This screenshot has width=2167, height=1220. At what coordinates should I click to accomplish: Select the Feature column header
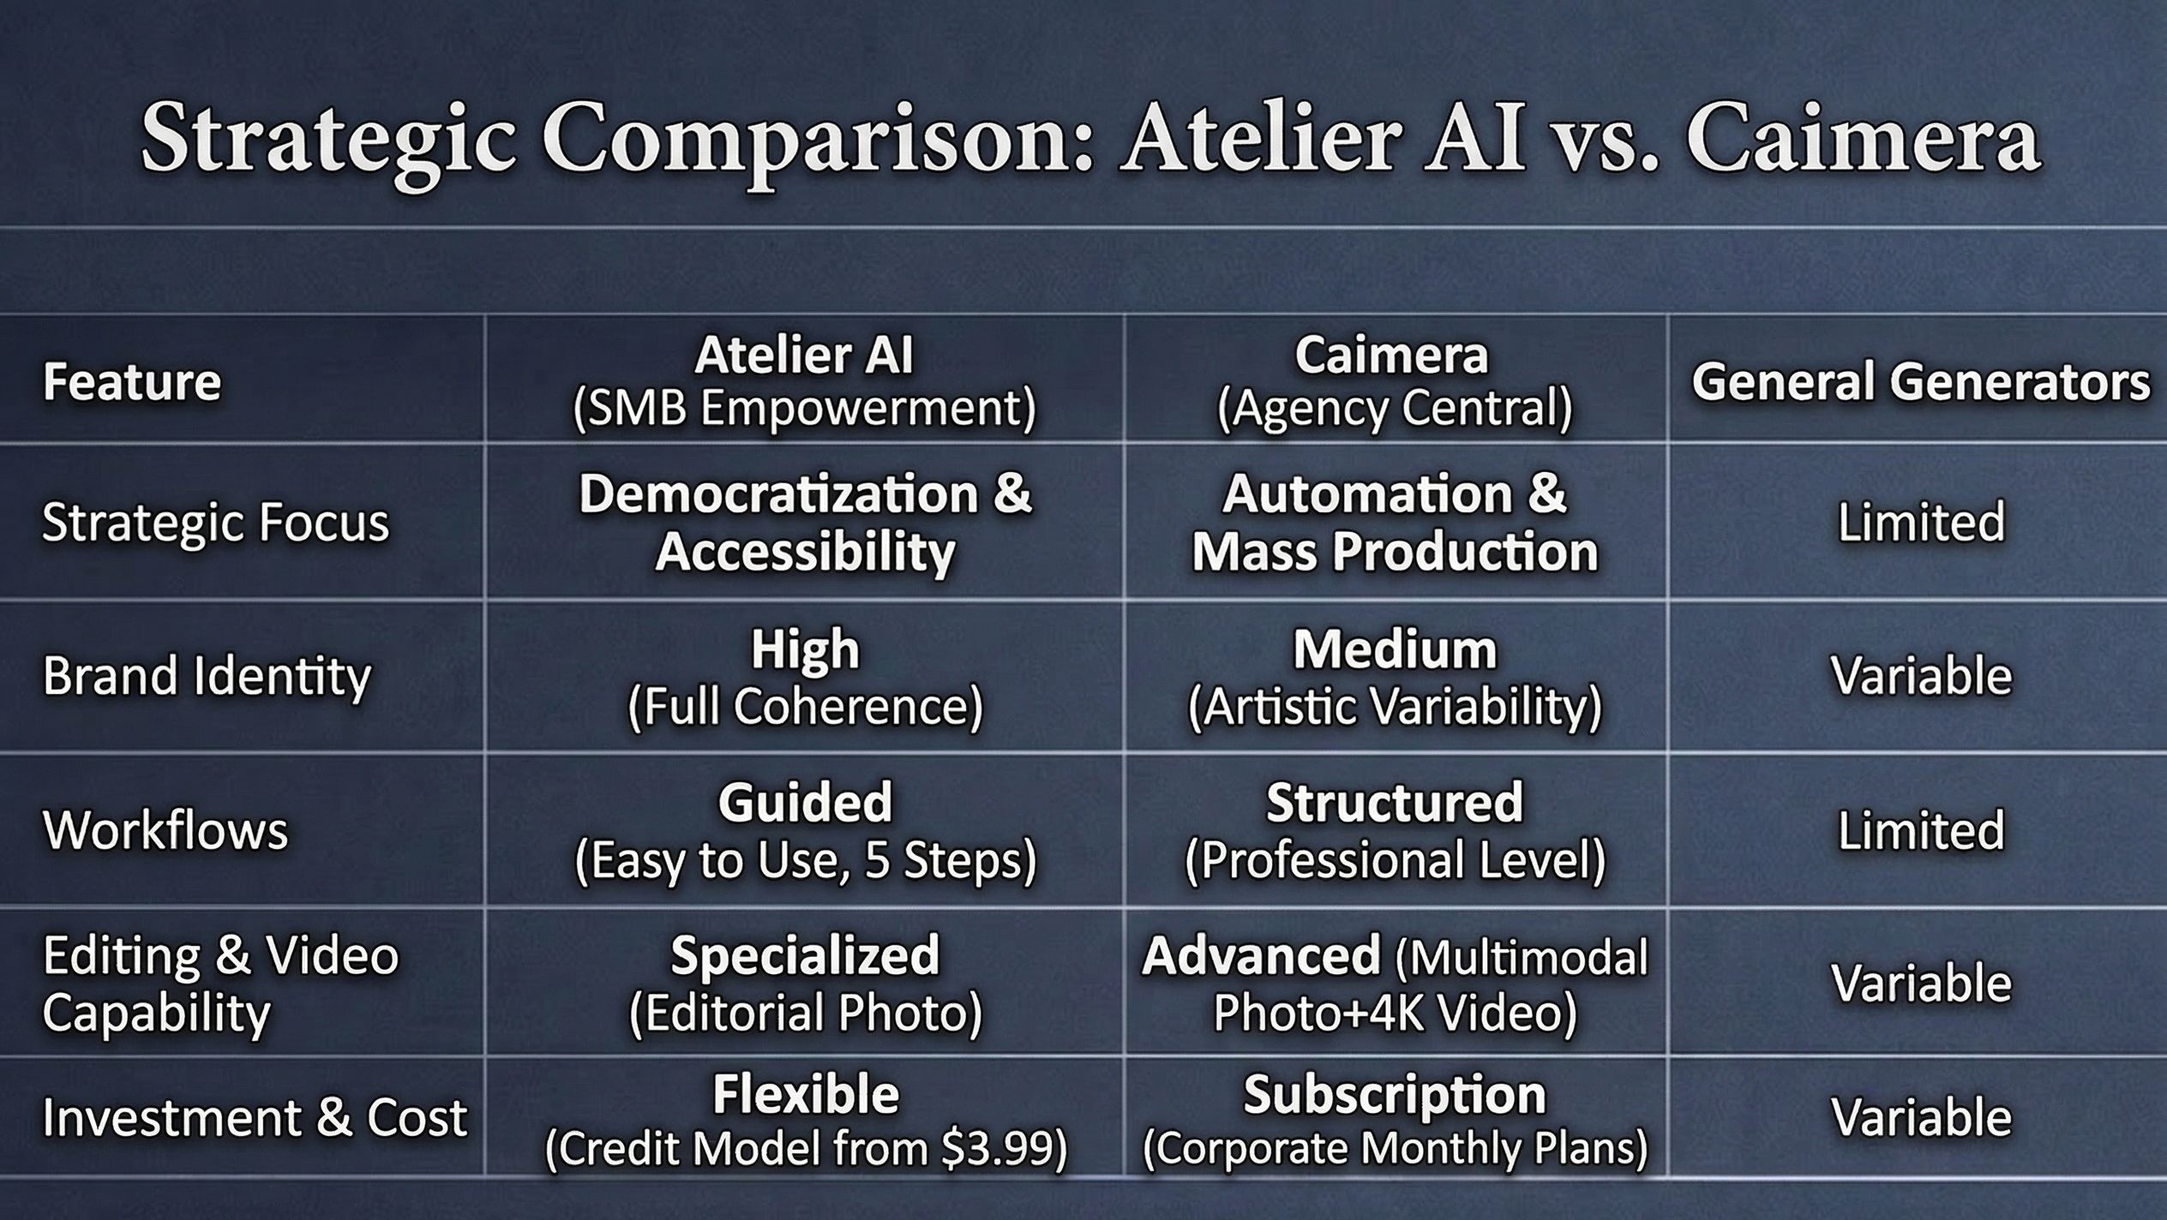[x=132, y=381]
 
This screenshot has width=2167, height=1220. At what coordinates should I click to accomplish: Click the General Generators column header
[x=1920, y=381]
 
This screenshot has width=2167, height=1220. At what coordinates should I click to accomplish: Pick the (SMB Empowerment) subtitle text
[x=804, y=408]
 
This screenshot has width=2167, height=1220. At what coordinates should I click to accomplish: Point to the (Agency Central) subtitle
[x=1395, y=408]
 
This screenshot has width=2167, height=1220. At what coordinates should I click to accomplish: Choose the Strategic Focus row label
[x=215, y=523]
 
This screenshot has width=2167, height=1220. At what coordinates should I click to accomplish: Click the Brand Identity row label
[x=207, y=677]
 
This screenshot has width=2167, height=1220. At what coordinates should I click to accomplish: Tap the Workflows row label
[x=165, y=830]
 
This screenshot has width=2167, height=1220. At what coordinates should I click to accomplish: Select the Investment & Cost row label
[x=255, y=1118]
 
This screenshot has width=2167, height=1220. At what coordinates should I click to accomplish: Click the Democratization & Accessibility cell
[x=805, y=523]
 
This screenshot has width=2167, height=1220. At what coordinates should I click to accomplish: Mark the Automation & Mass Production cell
[x=1395, y=523]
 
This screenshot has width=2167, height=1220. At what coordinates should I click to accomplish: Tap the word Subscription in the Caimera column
[x=1395, y=1095]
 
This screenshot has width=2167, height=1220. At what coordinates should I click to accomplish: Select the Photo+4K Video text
[x=1395, y=1014]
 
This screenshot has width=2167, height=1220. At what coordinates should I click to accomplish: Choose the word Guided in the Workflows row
[x=805, y=803]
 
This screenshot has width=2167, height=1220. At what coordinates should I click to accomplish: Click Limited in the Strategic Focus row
[x=1921, y=522]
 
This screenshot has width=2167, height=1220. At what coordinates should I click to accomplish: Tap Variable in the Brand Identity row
[x=1921, y=676]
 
